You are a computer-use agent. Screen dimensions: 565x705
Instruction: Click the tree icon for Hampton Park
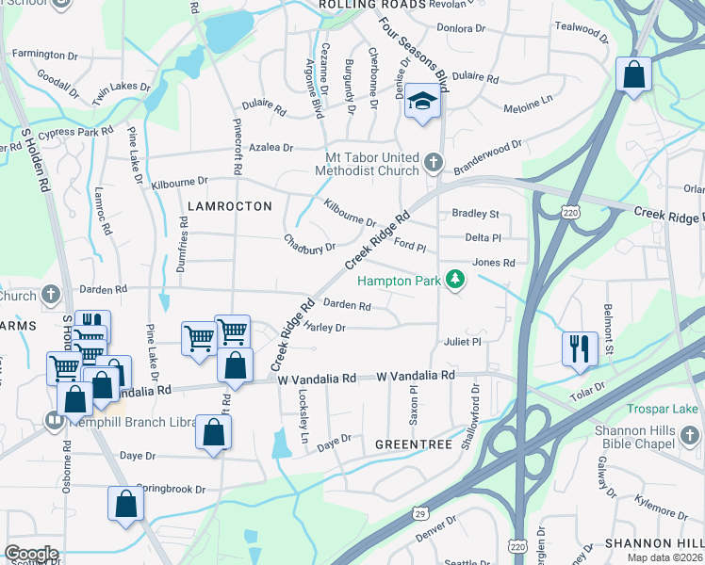click(x=455, y=279)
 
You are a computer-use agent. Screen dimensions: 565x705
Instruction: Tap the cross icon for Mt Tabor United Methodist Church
click(x=433, y=163)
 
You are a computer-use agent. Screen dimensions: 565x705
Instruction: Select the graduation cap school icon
click(x=423, y=102)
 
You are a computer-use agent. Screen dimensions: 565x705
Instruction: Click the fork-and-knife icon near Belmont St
click(x=579, y=347)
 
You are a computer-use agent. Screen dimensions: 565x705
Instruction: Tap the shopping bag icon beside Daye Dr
click(x=214, y=432)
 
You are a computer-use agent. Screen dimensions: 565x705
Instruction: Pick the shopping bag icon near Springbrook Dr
click(x=125, y=504)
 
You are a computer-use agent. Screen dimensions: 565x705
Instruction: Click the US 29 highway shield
click(x=418, y=513)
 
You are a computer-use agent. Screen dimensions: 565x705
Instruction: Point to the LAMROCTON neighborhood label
click(x=229, y=205)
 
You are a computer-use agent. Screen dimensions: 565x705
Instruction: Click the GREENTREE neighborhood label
click(x=415, y=443)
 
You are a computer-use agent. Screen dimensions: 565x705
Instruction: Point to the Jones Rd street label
click(x=494, y=263)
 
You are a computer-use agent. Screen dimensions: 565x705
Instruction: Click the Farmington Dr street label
click(x=42, y=54)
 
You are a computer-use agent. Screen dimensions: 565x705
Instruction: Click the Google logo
click(x=31, y=554)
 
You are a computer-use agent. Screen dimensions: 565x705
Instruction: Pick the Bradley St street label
click(x=475, y=215)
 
